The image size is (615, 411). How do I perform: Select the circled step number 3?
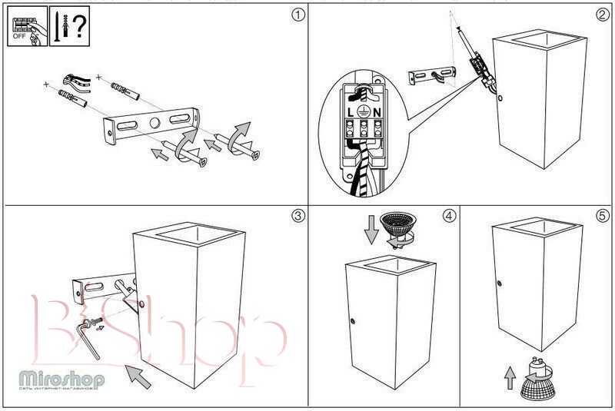pyautogui.click(x=298, y=216)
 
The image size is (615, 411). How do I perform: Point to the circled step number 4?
pyautogui.click(x=448, y=216)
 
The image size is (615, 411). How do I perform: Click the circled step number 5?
pyautogui.click(x=602, y=216)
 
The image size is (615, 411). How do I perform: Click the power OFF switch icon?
pyautogui.click(x=25, y=29)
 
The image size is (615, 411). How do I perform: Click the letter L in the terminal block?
pyautogui.click(x=351, y=112)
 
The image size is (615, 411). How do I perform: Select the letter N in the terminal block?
pyautogui.click(x=379, y=112)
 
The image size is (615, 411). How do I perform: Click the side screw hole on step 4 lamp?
pyautogui.click(x=353, y=320)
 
